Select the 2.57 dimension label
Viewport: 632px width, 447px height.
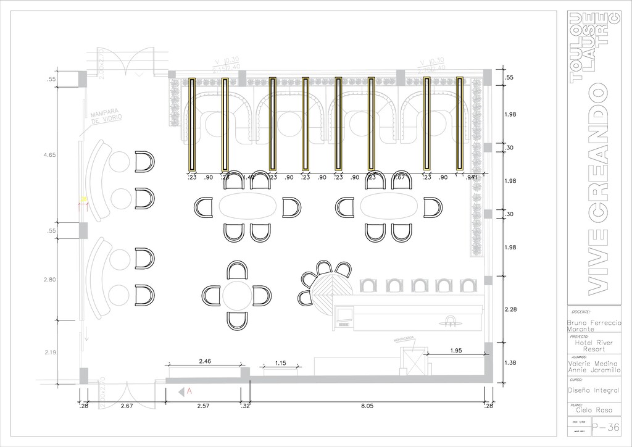203,406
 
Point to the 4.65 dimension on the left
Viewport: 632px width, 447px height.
50,156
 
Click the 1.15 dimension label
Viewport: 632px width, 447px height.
280,363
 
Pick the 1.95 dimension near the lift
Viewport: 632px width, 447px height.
456,351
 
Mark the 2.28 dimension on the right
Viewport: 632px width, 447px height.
510,309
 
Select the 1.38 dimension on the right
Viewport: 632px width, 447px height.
510,363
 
